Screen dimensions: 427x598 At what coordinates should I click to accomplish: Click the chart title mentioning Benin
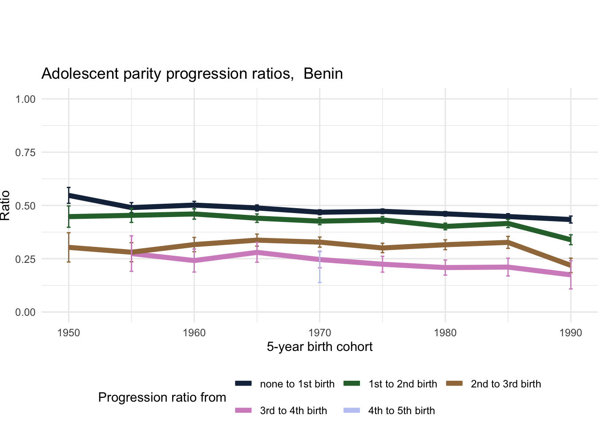click(192, 73)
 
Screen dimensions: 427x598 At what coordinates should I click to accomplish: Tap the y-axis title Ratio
click(5, 205)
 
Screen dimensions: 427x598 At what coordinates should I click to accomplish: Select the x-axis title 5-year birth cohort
click(319, 347)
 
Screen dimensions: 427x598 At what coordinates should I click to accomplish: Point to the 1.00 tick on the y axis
click(25, 99)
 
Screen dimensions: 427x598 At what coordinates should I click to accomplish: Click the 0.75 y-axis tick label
click(25, 153)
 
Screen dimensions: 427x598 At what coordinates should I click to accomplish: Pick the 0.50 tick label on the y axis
click(25, 206)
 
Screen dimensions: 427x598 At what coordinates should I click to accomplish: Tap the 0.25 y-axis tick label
click(25, 259)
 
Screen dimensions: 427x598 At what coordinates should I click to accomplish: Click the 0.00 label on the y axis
click(25, 313)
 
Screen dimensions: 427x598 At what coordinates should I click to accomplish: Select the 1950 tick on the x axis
click(69, 333)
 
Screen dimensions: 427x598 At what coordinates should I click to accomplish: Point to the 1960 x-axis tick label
click(194, 333)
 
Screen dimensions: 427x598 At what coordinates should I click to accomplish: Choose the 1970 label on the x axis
click(319, 333)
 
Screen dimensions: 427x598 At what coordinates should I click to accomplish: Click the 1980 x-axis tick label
click(445, 333)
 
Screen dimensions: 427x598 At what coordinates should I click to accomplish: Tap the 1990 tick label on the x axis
click(570, 333)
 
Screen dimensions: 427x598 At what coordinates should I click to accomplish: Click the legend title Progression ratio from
click(162, 397)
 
